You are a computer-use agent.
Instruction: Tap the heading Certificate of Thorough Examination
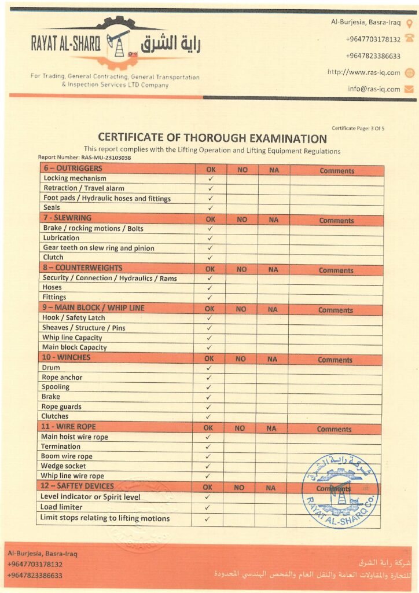tap(212, 138)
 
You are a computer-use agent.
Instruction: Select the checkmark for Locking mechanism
tap(211, 178)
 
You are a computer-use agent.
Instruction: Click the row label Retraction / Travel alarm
tap(84, 188)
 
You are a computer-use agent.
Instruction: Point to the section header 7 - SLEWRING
tap(67, 218)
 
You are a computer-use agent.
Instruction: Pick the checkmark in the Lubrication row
tap(211, 238)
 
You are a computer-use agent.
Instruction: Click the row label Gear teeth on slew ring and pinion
tap(99, 248)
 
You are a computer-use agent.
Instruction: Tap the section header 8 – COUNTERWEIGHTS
tap(82, 268)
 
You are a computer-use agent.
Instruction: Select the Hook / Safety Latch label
tap(73, 318)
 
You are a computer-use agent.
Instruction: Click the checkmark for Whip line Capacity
tap(209, 338)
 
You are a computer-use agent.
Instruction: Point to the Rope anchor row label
tap(62, 378)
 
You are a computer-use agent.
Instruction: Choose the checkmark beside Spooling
tap(209, 387)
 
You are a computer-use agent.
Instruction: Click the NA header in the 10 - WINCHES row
tap(272, 359)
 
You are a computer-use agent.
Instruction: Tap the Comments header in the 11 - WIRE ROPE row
tap(334, 429)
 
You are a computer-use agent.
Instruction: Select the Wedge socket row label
tap(64, 466)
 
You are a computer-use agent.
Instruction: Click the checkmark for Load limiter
tap(207, 507)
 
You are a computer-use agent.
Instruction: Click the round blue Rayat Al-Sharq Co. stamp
tap(340, 491)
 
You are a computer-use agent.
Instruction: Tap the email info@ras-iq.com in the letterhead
tap(374, 89)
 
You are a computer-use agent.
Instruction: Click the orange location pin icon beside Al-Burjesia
tap(409, 23)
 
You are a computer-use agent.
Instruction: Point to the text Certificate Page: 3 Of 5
tap(358, 128)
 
